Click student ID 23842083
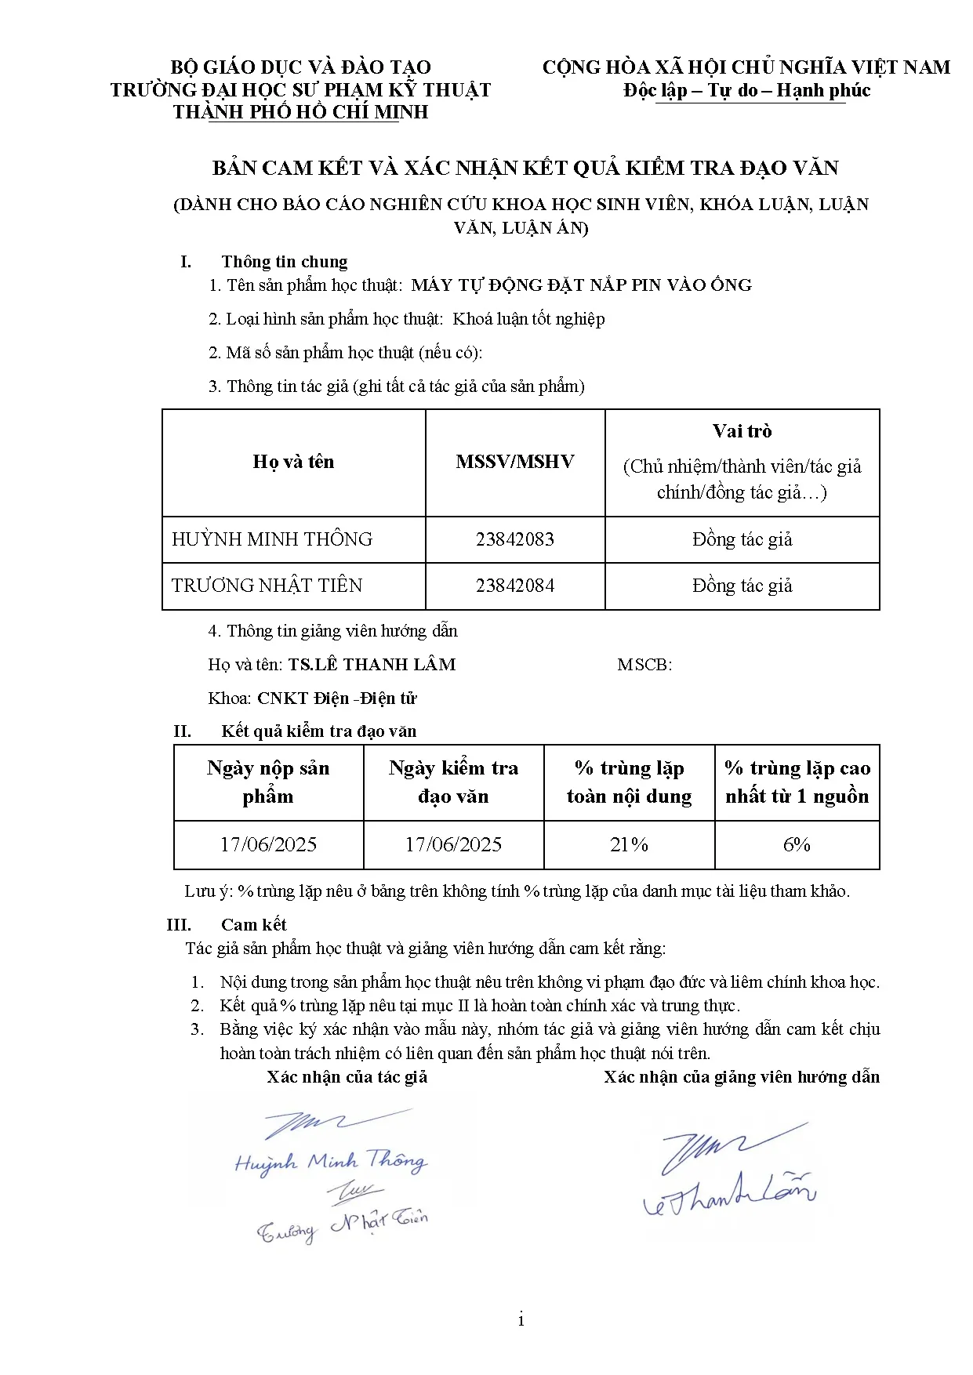[x=514, y=539]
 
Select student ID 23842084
[x=514, y=586]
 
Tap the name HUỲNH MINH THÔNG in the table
[x=272, y=539]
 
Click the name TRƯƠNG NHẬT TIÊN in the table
[x=267, y=586]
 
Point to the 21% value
[x=629, y=844]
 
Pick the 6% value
[x=797, y=844]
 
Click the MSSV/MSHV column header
[x=514, y=462]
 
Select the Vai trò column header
[x=742, y=431]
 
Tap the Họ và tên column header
[x=293, y=462]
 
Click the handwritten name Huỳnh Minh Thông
[x=330, y=1162]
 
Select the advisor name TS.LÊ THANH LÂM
[x=372, y=665]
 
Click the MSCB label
[x=644, y=665]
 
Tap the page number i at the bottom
[x=521, y=1320]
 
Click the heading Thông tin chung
[x=284, y=262]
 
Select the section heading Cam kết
[x=253, y=924]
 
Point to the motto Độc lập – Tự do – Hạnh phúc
[x=746, y=91]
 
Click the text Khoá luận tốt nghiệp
[x=528, y=319]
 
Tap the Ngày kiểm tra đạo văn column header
[x=453, y=782]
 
